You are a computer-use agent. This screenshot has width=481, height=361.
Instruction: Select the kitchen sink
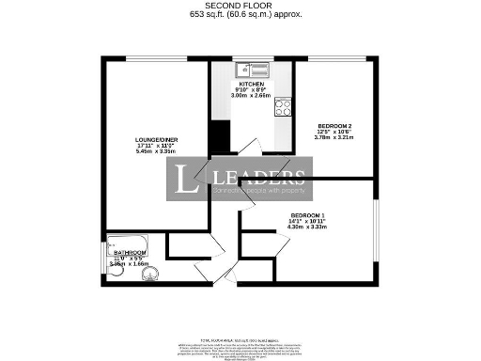254,69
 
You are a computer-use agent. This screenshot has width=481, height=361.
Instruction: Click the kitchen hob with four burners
283,107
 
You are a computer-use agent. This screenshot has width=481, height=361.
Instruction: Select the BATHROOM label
130,254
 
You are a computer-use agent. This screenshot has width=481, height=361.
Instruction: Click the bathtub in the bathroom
128,248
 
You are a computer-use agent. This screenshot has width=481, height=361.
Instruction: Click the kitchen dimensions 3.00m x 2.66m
251,95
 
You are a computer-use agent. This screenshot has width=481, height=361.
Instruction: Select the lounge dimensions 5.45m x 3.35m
156,150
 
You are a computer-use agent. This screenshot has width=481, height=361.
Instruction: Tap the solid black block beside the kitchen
220,136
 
